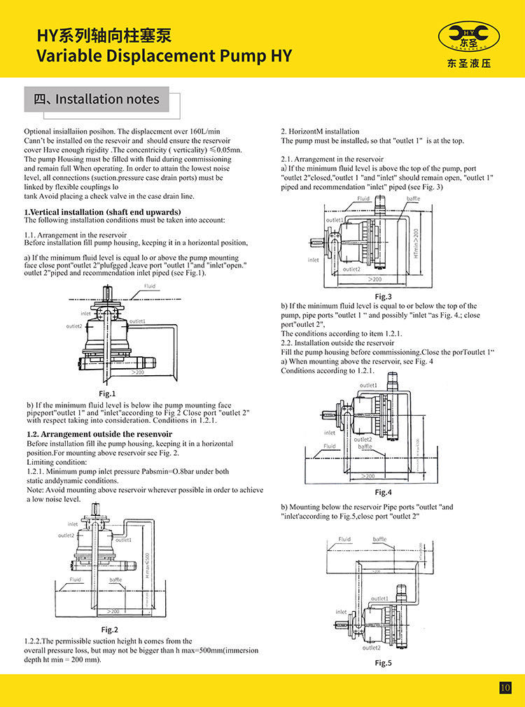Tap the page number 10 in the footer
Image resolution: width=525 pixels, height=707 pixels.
pos(505,687)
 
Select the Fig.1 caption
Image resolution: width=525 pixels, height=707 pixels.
pos(107,393)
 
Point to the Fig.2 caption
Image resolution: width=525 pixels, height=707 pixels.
pos(109,629)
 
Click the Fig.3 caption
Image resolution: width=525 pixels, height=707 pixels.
pos(383,296)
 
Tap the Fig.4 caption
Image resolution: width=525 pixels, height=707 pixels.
pos(383,492)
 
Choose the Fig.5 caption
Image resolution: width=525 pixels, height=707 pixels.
pos(383,662)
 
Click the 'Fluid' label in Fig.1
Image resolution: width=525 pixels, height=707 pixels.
pos(150,286)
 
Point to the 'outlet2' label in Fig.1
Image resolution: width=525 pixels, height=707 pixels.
pos(74,326)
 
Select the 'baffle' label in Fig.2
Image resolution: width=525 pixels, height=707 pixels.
pos(115,580)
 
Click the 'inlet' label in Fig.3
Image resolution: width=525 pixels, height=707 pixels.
pos(313,260)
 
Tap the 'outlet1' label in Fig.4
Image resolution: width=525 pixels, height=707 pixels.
pos(368,385)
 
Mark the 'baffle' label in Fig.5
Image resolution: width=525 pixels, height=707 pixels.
pos(379,540)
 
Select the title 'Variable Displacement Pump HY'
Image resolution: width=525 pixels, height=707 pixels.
pos(164,55)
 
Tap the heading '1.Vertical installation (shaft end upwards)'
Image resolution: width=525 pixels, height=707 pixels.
pos(102,211)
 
